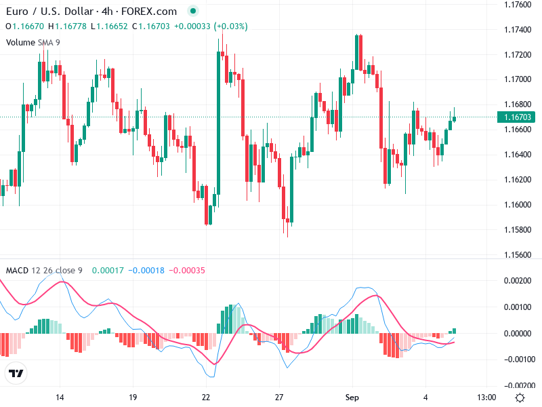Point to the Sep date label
pyautogui.click(x=352, y=397)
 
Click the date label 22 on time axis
pyautogui.click(x=207, y=397)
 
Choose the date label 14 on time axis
pyautogui.click(x=60, y=397)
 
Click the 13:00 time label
pyautogui.click(x=486, y=397)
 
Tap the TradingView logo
pyautogui.click(x=16, y=373)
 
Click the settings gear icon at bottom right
pyautogui.click(x=520, y=398)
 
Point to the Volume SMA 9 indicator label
pyautogui.click(x=33, y=42)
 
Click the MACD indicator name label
pyautogui.click(x=17, y=271)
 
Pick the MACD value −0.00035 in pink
pyautogui.click(x=185, y=271)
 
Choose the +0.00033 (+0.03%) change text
pyautogui.click(x=211, y=26)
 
